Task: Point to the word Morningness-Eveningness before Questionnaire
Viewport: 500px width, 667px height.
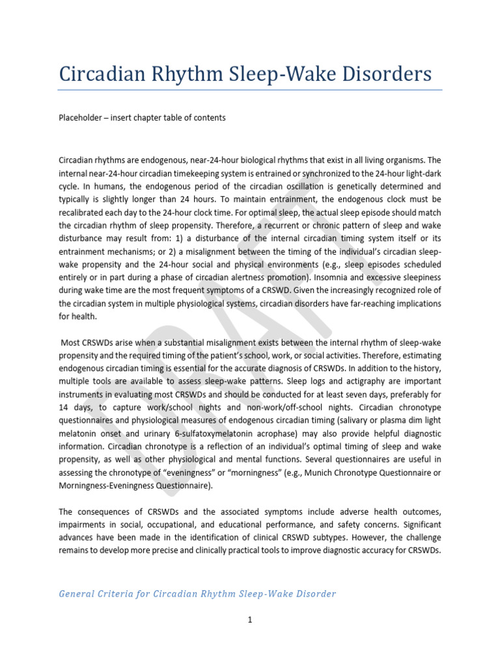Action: pos(115,486)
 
